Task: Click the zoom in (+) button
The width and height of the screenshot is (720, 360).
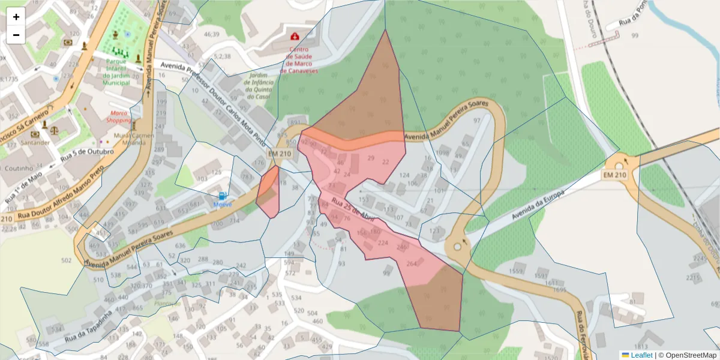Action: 16,17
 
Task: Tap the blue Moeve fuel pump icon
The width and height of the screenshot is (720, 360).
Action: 223,196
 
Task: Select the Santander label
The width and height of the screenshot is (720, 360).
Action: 35,143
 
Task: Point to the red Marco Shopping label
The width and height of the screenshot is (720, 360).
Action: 119,116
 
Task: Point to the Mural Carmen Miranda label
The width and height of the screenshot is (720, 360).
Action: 134,139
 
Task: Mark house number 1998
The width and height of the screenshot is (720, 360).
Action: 443,153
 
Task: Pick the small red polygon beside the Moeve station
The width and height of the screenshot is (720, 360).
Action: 269,191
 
